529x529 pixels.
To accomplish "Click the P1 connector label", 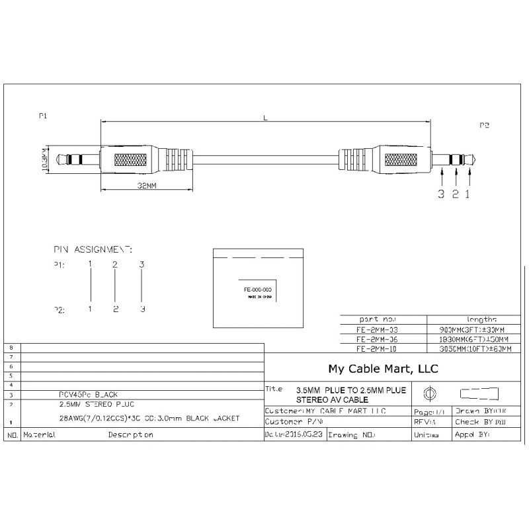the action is pos(44,116).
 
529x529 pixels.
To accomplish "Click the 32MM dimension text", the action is pos(147,186).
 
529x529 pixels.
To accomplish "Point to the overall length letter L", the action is pos(265,118).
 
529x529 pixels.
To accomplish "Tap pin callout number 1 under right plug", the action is pos(469,194).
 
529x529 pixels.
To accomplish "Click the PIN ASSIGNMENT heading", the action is pos(93,250).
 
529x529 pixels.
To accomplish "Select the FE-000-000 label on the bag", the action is pos(258,290).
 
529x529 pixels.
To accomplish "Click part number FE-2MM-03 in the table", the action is pos(378,329).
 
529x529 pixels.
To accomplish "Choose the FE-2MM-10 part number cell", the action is pos(378,348).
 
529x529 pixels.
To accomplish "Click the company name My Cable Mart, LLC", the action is pos(383,368).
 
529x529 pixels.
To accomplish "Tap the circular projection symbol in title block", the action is pos(430,395).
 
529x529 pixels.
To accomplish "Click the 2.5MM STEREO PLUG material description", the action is pos(91,403).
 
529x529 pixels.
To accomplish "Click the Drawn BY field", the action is pos(480,411).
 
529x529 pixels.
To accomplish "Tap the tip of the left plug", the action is pos(58,159).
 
